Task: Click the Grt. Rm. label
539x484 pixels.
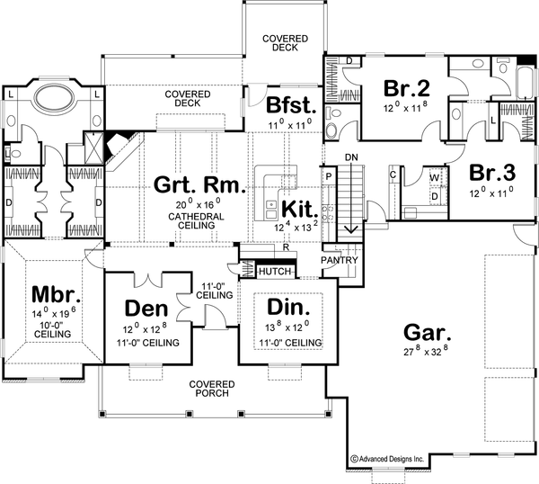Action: click(196, 186)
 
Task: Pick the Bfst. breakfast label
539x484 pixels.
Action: click(290, 103)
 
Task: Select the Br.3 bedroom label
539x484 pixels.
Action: click(492, 173)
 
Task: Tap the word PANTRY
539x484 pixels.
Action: click(341, 261)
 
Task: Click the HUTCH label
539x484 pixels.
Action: click(273, 270)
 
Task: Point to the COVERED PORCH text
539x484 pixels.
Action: click(212, 389)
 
